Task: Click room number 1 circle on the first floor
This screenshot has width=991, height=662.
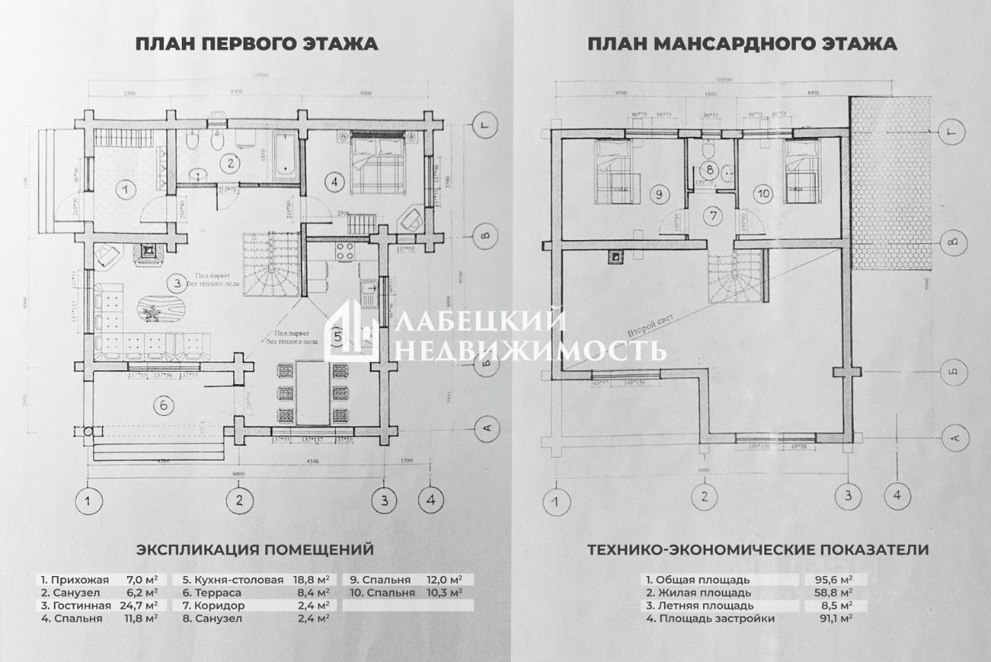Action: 125,188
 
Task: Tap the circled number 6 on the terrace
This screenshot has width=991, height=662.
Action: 162,404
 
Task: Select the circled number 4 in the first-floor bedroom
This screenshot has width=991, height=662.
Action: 334,183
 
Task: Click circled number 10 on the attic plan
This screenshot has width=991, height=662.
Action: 763,194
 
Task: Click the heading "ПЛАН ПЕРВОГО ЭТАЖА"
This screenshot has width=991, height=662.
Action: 257,43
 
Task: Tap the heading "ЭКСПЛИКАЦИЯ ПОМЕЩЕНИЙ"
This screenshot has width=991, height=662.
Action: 255,550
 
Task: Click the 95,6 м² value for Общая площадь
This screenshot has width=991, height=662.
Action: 836,579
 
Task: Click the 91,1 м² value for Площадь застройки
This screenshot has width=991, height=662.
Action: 836,619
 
